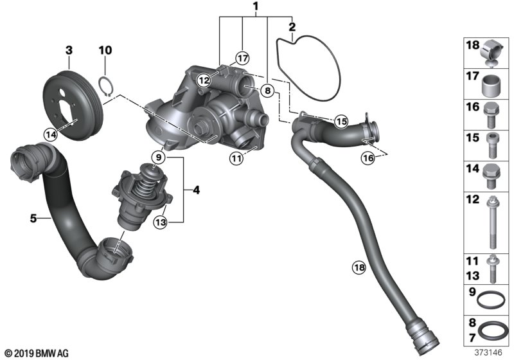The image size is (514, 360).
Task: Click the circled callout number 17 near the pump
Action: pyautogui.click(x=242, y=59)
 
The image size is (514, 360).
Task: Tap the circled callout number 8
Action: pyautogui.click(x=268, y=90)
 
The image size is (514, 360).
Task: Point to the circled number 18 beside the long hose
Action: pyautogui.click(x=359, y=267)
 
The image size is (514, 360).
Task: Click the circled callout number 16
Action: pyautogui.click(x=368, y=158)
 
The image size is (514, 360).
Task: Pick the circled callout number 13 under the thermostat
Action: pyautogui.click(x=161, y=222)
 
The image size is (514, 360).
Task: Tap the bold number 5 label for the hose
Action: pyautogui.click(x=33, y=218)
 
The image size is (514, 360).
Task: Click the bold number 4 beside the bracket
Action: pyautogui.click(x=196, y=190)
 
